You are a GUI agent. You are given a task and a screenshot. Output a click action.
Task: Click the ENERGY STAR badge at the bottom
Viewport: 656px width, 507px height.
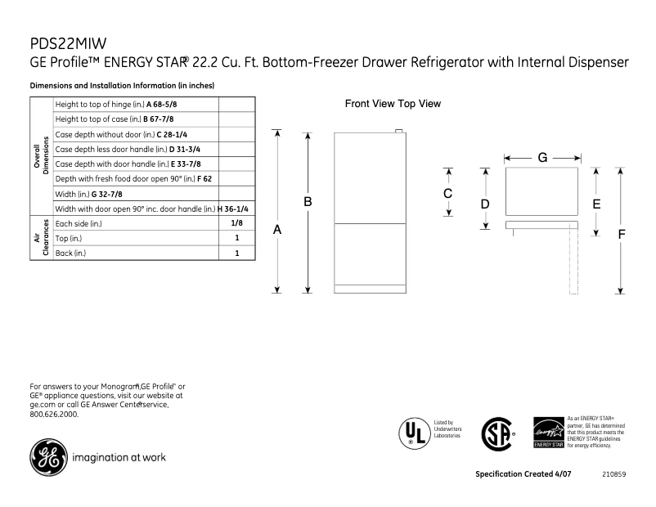547,432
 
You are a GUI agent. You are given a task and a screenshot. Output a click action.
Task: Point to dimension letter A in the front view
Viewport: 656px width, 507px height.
278,231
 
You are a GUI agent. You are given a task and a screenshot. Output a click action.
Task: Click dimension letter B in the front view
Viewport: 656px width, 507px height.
308,201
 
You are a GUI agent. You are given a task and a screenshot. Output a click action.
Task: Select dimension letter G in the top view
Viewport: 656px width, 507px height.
542,157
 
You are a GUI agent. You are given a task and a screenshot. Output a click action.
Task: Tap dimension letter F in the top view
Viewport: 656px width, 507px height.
622,234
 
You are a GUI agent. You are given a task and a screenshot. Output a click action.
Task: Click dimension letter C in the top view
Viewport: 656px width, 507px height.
448,194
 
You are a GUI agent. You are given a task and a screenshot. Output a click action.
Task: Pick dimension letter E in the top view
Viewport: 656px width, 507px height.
596,203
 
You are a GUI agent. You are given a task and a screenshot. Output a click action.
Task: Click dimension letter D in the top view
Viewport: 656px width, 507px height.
485,203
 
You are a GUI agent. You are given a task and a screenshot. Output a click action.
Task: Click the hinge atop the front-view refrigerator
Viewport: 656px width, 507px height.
398,131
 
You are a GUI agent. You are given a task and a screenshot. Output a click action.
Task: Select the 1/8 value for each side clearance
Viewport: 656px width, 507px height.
237,223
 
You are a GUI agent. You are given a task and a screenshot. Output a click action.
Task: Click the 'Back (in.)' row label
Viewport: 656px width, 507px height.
70,253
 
